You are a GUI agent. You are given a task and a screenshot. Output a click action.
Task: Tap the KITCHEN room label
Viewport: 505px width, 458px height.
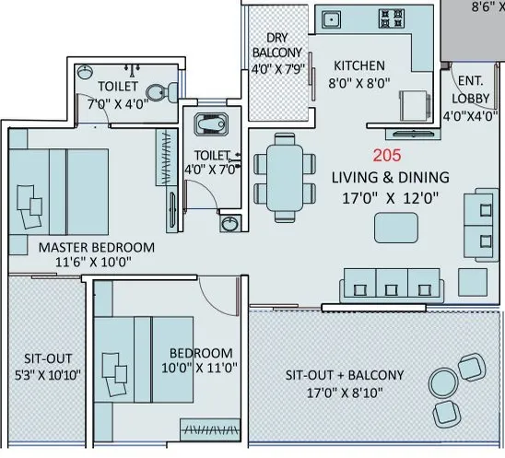(359, 65)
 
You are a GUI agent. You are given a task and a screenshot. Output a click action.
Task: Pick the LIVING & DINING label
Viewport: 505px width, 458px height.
(392, 177)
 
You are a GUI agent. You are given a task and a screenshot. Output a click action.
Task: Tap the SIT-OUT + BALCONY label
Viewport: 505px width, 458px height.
(344, 375)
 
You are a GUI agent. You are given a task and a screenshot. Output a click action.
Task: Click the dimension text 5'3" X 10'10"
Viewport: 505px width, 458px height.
(49, 374)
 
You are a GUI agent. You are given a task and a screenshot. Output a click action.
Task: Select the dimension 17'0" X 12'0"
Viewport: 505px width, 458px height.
(392, 196)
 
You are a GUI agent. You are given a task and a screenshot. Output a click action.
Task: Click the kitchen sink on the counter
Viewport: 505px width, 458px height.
(329, 19)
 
